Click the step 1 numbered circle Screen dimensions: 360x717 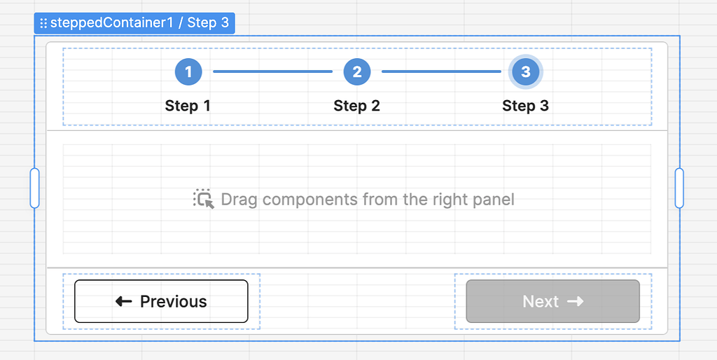pos(188,71)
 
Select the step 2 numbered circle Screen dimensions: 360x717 pos(357,71)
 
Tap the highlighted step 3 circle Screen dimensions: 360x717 pos(526,71)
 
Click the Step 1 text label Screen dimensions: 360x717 pos(188,106)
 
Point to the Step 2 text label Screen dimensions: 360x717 pos(356,106)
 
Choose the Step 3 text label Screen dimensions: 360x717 pos(525,106)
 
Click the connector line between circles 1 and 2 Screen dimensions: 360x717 pos(272,71)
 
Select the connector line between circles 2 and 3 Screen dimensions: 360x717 pos(441,71)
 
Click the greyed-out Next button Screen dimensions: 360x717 pos(552,301)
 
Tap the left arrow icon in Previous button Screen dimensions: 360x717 pos(124,301)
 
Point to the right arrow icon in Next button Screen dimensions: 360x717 pos(575,301)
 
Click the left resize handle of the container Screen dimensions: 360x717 pos(34,188)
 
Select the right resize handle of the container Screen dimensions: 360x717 pos(678,188)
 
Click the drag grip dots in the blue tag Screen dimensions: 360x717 pos(43,23)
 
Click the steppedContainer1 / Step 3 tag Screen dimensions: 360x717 pos(139,23)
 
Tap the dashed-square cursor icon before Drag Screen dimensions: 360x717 pos(203,199)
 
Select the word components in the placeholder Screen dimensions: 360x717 pos(310,200)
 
